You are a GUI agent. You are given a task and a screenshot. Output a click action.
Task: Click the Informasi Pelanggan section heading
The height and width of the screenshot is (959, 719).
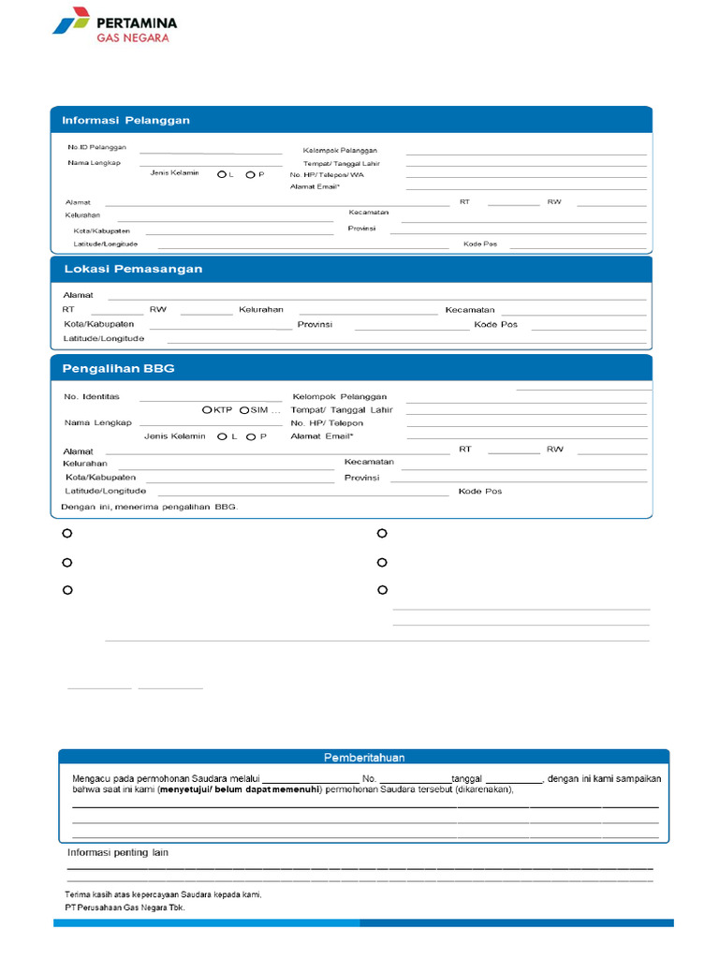click(x=125, y=120)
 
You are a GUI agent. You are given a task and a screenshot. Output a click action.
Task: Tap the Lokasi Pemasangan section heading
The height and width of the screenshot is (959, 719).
click(x=132, y=269)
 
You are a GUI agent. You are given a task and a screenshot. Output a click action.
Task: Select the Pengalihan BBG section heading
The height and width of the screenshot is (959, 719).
click(x=118, y=368)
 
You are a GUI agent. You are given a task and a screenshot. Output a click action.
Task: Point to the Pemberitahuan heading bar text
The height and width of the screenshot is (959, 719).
click(x=364, y=758)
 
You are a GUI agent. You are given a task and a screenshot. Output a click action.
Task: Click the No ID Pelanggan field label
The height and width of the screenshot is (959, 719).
click(x=96, y=148)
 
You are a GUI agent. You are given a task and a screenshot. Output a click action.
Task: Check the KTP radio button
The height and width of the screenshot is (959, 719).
click(x=207, y=410)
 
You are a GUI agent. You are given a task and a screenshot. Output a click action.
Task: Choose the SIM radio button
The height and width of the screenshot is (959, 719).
click(x=244, y=410)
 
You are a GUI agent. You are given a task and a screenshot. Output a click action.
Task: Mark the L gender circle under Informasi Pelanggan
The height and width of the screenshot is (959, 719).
click(x=222, y=174)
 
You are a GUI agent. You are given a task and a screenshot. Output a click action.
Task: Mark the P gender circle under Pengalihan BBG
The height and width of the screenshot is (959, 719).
click(x=251, y=436)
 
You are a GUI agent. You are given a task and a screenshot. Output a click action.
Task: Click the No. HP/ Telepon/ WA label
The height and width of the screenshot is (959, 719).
click(x=327, y=175)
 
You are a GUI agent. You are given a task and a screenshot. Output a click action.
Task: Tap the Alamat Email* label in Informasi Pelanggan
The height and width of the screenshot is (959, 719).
click(x=315, y=187)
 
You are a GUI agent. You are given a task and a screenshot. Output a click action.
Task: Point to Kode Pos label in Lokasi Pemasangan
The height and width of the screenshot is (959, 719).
click(x=495, y=325)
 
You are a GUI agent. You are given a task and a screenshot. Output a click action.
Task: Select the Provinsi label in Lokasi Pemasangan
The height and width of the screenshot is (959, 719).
click(x=315, y=325)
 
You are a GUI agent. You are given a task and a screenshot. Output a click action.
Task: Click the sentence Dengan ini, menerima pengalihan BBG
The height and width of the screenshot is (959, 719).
click(x=150, y=507)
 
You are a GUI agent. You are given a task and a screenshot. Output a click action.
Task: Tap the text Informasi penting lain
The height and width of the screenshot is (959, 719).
click(x=117, y=852)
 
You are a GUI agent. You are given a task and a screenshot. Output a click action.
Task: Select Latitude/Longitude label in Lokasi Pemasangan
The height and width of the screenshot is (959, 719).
click(x=104, y=338)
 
